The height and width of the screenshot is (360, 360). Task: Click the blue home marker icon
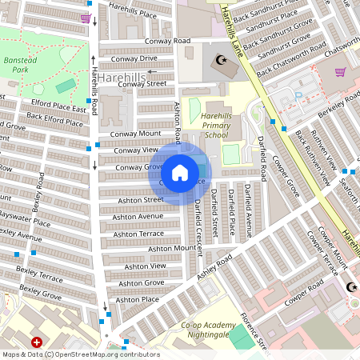click(x=180, y=173)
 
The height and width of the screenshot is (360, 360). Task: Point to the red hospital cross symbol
click(x=37, y=342)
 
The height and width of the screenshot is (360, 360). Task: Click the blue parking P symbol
click(x=298, y=96)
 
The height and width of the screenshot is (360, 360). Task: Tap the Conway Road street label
click(x=167, y=41)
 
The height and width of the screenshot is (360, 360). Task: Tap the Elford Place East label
click(x=58, y=108)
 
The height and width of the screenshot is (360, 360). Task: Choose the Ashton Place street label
click(x=137, y=299)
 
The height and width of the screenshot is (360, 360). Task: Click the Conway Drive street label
click(x=134, y=58)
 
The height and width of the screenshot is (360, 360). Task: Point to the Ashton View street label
click(x=146, y=266)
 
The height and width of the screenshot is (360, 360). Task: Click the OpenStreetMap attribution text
click(x=104, y=354)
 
